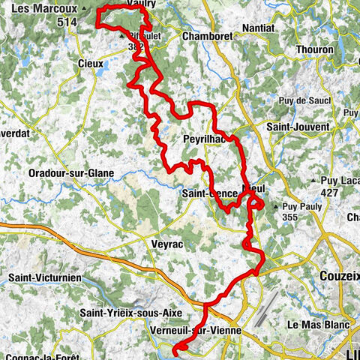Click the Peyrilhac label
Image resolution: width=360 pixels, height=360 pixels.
pos(205,139)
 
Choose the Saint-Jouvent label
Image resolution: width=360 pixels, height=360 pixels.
pos(298,127)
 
